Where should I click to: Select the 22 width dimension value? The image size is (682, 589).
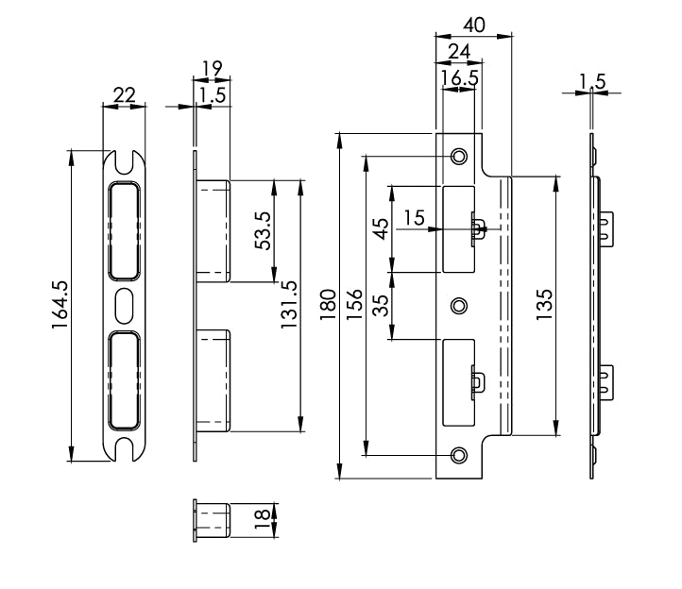click(x=124, y=94)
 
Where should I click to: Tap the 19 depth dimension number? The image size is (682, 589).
click(x=212, y=67)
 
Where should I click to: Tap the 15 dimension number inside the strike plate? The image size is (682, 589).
click(x=413, y=218)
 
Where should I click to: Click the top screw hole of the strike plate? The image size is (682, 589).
click(x=459, y=156)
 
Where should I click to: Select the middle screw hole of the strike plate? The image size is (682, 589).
click(x=459, y=306)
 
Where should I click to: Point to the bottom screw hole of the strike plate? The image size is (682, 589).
click(x=459, y=455)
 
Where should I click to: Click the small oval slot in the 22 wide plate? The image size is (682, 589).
click(x=124, y=305)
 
